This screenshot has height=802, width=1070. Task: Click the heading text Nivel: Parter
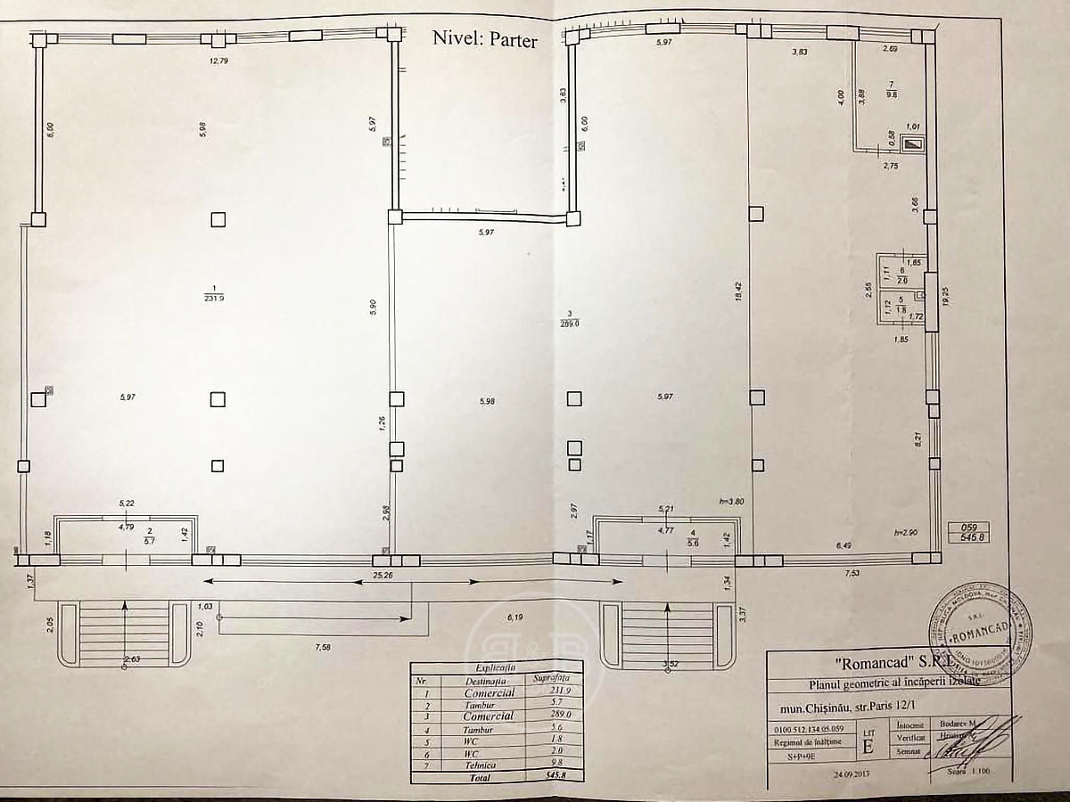[x=484, y=39]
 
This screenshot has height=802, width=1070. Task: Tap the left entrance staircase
[x=124, y=634]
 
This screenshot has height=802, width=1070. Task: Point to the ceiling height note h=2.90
[x=906, y=532]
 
